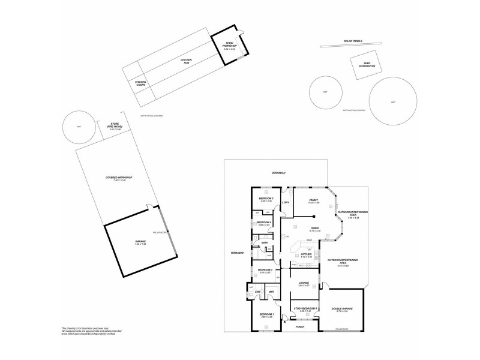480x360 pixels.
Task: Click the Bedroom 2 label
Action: [266, 199]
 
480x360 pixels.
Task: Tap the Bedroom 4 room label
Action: [265, 223]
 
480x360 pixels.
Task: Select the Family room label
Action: [313, 200]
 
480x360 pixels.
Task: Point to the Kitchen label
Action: [307, 254]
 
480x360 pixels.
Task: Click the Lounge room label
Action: [303, 283]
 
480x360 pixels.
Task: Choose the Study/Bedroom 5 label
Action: [305, 308]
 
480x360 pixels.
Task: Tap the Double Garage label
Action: [342, 308]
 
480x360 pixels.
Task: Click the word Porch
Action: [301, 327]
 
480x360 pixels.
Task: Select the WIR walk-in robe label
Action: [271, 292]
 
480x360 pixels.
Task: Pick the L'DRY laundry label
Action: [286, 202]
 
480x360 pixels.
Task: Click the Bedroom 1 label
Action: [266, 314]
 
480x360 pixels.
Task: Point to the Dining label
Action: [315, 228]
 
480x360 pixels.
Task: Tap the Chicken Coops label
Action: [140, 83]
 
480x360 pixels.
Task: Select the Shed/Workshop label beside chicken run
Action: [230, 45]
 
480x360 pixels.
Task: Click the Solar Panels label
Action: [352, 41]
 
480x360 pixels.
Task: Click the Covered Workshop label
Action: [118, 178]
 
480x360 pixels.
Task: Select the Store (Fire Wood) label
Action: [114, 125]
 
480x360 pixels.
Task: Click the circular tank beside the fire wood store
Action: [79, 128]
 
